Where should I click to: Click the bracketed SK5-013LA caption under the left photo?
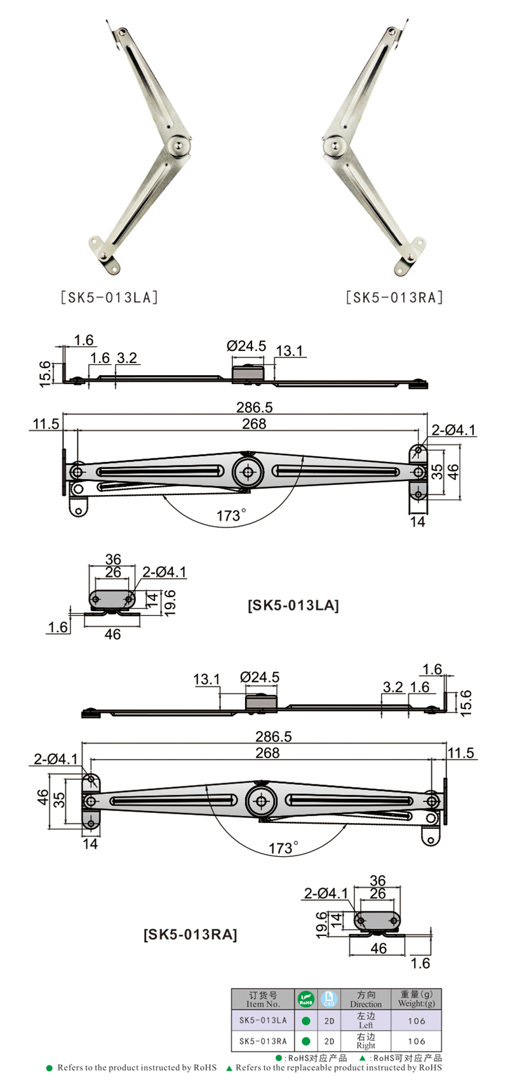pyautogui.click(x=109, y=297)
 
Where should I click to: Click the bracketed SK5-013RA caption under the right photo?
pyautogui.click(x=394, y=297)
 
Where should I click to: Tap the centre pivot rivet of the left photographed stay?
pyautogui.click(x=178, y=146)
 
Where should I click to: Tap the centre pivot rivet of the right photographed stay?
pyautogui.click(x=335, y=146)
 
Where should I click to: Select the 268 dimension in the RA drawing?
pyautogui.click(x=267, y=753)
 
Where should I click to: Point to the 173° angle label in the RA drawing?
pyautogui.click(x=283, y=848)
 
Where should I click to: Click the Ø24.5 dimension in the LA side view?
pyautogui.click(x=246, y=346)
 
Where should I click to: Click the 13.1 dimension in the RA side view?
pyautogui.click(x=206, y=679)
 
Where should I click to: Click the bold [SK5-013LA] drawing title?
pyautogui.click(x=293, y=605)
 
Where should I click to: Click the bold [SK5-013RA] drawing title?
pyautogui.click(x=190, y=934)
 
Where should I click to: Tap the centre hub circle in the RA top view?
pyautogui.click(x=262, y=801)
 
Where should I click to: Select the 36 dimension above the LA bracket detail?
pyautogui.click(x=112, y=559)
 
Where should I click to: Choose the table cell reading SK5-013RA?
pyautogui.click(x=263, y=1041)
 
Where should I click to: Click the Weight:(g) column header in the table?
pyautogui.click(x=416, y=999)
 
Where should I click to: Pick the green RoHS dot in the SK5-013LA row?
pyautogui.click(x=305, y=1020)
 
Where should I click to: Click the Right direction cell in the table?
pyautogui.click(x=366, y=1041)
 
